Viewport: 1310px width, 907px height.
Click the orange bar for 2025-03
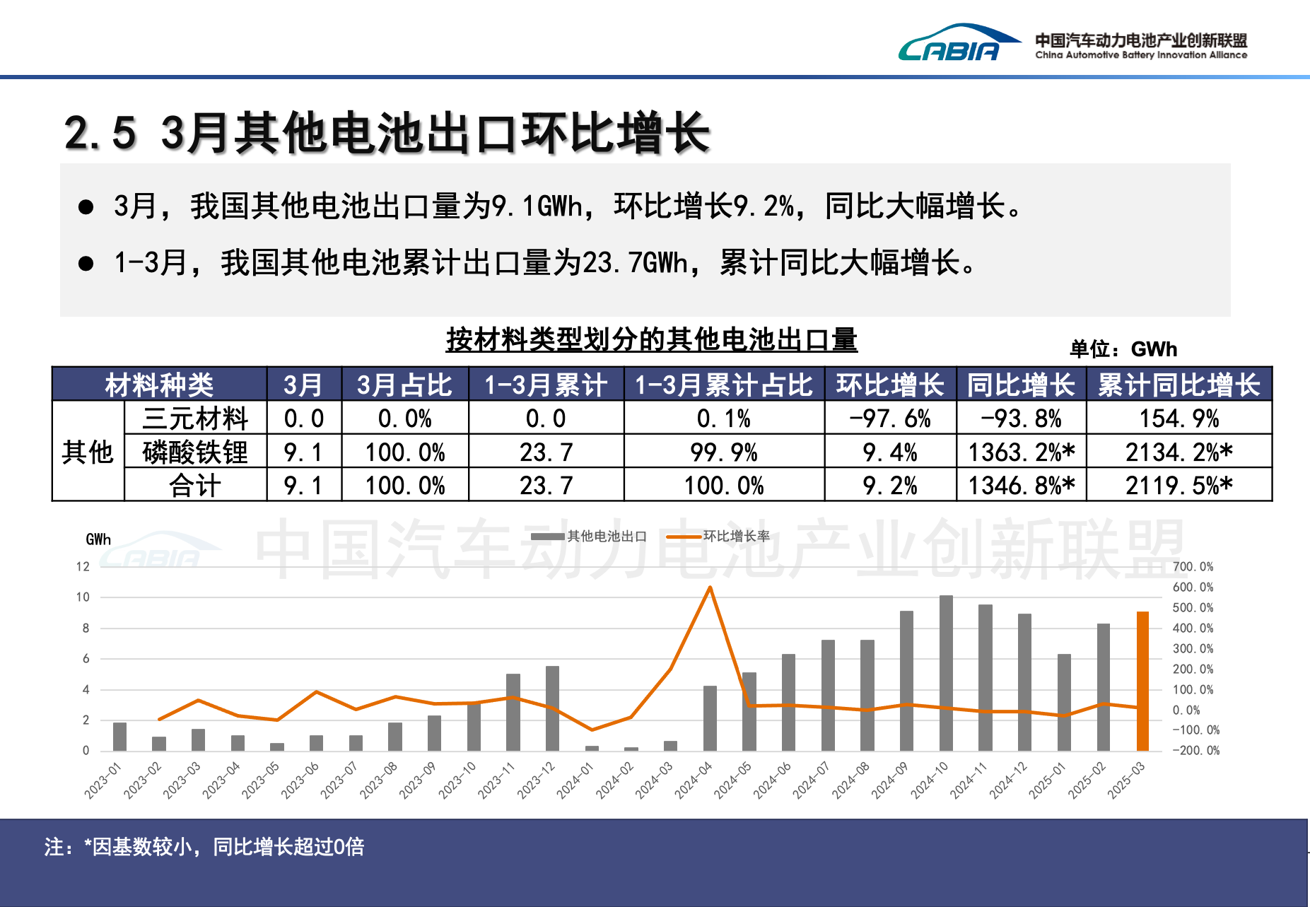pos(1142,680)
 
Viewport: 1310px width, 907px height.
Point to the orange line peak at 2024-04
pos(710,587)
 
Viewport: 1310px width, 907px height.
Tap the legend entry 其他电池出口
pos(589,537)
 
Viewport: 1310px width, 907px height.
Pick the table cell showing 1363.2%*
pos(1021,452)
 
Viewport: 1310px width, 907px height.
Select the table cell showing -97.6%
pos(890,419)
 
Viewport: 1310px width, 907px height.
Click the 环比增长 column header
pos(890,385)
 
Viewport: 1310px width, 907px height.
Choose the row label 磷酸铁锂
pos(195,452)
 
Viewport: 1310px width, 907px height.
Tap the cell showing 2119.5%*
pos(1179,486)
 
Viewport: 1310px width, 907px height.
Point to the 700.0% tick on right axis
pos(1193,567)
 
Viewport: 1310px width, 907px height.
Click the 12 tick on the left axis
pos(83,567)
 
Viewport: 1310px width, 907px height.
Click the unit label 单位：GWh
pos(1123,349)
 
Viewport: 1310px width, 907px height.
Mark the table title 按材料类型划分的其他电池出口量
pos(651,340)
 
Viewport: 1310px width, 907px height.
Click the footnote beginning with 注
pos(204,846)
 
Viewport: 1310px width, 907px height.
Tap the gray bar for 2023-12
pos(552,708)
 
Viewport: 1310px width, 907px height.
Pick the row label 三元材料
pos(195,419)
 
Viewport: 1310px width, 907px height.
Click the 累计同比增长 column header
pos(1179,385)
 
